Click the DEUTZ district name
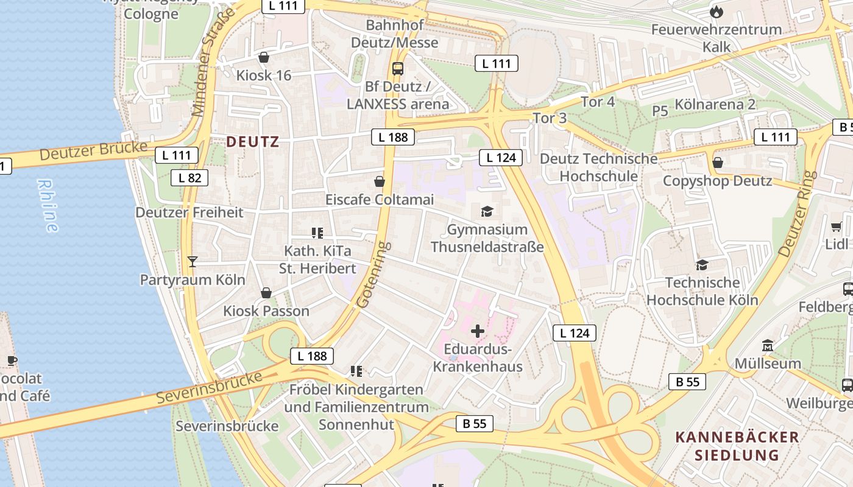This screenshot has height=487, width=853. click(x=252, y=142)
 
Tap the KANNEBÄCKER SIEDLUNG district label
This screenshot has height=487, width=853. click(x=737, y=446)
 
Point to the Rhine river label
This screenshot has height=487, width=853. click(x=48, y=205)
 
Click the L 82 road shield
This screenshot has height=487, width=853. click(x=189, y=178)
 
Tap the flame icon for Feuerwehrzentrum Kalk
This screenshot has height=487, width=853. click(x=717, y=12)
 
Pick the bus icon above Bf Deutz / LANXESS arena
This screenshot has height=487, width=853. click(x=398, y=68)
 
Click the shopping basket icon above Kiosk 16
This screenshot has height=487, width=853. click(x=264, y=58)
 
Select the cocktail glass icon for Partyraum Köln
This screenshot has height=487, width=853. click(x=193, y=262)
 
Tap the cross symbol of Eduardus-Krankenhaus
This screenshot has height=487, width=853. click(x=478, y=331)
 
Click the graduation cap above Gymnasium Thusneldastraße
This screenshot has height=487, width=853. click(x=487, y=211)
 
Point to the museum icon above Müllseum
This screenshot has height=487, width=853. click(x=767, y=345)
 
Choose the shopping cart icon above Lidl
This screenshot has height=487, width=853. click(x=836, y=226)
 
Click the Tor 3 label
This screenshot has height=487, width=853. click(x=550, y=118)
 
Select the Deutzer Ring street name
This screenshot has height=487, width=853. click(x=796, y=213)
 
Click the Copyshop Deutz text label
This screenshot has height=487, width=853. click(x=717, y=181)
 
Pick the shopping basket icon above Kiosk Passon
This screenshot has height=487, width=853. click(x=266, y=293)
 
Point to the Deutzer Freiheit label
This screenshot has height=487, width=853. click(x=189, y=212)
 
